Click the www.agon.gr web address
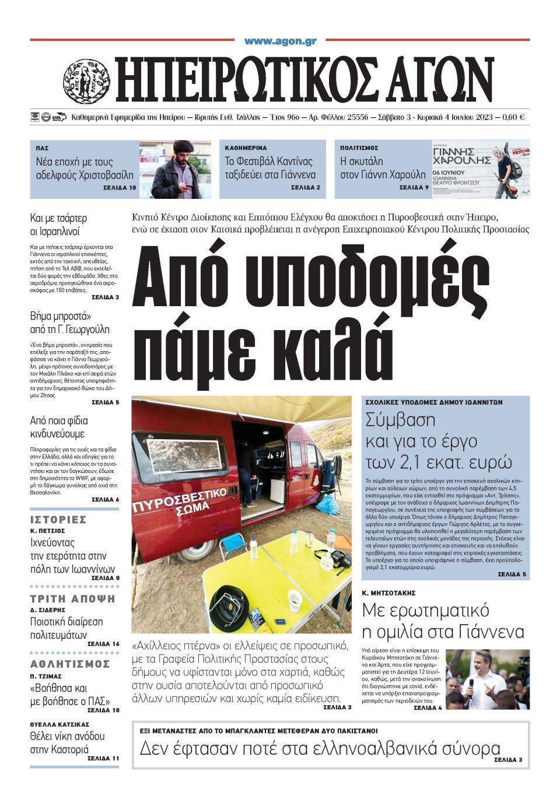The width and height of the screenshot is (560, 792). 280,41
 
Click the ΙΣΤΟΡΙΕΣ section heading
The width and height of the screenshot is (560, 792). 58,519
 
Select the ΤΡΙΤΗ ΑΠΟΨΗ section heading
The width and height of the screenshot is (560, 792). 73,599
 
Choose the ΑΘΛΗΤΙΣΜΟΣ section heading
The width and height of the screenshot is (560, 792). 70,664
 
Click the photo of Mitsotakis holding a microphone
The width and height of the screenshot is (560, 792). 488,679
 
